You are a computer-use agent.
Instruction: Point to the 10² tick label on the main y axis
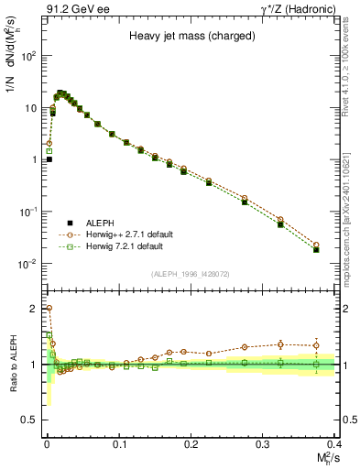(x=28, y=56)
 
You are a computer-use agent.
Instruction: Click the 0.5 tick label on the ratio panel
(x=31, y=420)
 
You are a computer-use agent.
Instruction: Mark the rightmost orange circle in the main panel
(x=316, y=245)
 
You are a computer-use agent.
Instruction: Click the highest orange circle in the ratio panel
(x=49, y=309)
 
